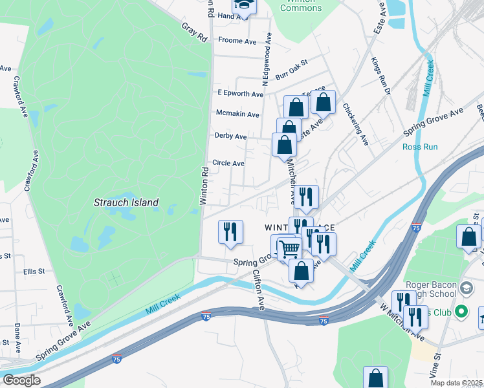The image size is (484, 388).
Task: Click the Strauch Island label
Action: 128,202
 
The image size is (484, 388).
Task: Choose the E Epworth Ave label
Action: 240,94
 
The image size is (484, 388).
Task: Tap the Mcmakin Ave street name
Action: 237,114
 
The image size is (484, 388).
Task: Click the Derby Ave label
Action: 231,136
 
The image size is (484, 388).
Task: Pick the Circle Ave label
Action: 228,164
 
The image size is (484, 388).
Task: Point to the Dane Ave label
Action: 17,337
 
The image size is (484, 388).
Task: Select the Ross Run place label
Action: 420,147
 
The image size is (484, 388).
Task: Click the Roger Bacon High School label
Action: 431,292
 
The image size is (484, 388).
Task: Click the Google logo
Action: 21,380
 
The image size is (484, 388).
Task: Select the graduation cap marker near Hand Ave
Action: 244,5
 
